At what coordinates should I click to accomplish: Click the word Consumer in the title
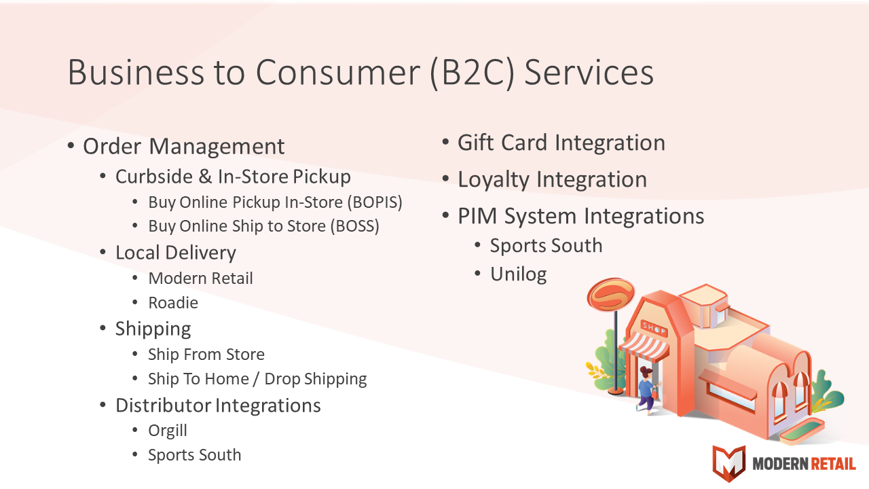(x=337, y=72)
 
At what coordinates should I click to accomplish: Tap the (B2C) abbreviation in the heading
(x=473, y=73)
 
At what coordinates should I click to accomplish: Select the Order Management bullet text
(x=184, y=146)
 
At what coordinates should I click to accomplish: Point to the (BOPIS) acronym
(x=375, y=202)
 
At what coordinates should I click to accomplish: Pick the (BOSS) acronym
(x=355, y=226)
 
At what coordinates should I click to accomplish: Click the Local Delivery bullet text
(x=176, y=253)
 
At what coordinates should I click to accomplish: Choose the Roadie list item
(x=173, y=303)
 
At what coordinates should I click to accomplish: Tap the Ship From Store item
(x=206, y=355)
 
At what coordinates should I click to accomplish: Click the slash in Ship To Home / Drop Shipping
(x=257, y=379)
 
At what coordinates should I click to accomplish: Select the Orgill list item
(x=168, y=431)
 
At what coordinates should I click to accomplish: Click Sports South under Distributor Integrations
(x=195, y=455)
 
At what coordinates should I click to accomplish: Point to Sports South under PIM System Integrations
(x=547, y=246)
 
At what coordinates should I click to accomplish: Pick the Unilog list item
(x=519, y=274)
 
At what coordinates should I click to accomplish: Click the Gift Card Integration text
(x=561, y=143)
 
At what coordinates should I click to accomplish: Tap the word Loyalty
(x=494, y=180)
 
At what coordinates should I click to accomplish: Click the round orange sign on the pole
(x=610, y=295)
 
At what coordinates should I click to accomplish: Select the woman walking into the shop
(x=647, y=390)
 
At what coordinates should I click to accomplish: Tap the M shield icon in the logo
(x=729, y=463)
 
